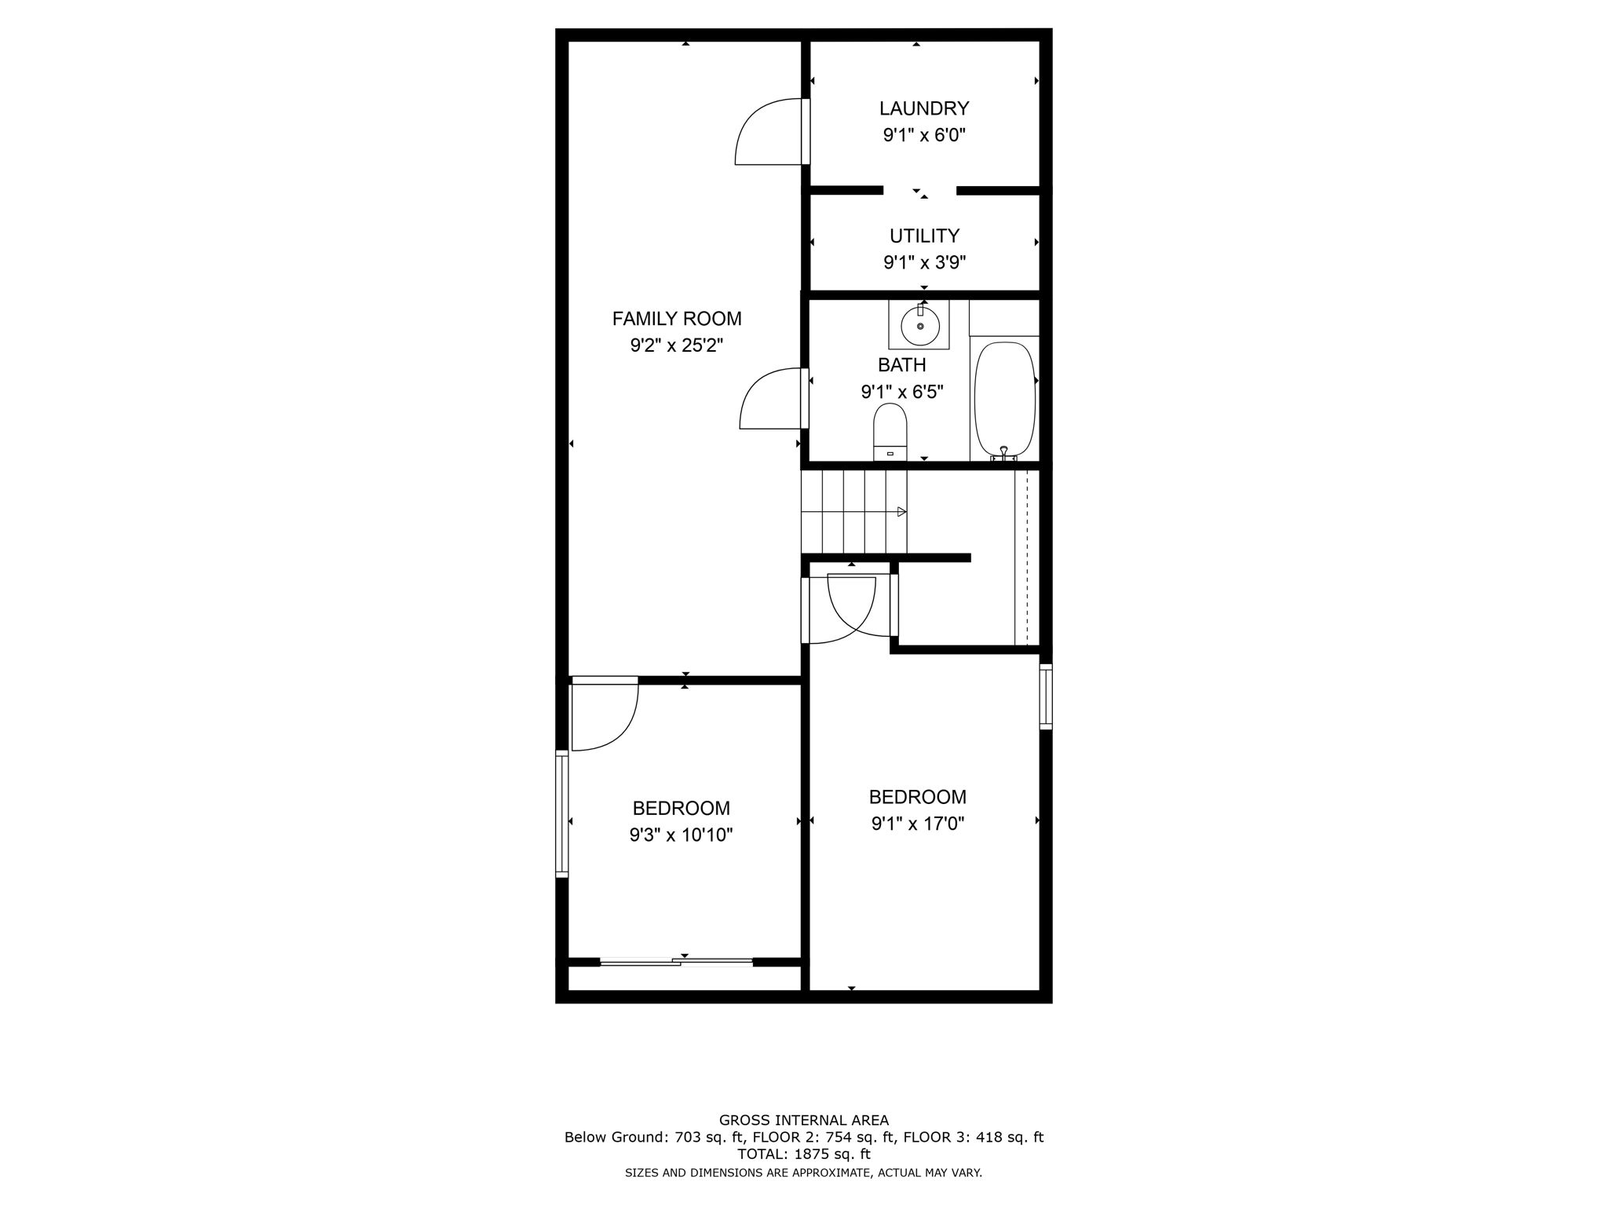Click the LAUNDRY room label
[923, 108]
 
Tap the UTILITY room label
[923, 236]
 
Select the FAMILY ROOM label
[676, 319]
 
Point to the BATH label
[901, 365]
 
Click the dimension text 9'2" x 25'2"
[676, 345]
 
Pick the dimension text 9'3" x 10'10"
[681, 835]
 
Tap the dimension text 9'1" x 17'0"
[917, 824]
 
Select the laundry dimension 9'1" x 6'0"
[923, 135]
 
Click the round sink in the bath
[919, 325]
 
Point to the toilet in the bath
[890, 431]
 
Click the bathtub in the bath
[1004, 399]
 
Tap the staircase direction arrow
[901, 512]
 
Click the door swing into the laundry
[766, 133]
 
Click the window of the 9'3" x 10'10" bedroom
[561, 813]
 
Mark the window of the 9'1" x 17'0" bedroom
[1045, 696]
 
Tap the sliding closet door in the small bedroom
[676, 961]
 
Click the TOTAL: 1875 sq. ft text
[803, 1154]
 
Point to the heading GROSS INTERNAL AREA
[803, 1120]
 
